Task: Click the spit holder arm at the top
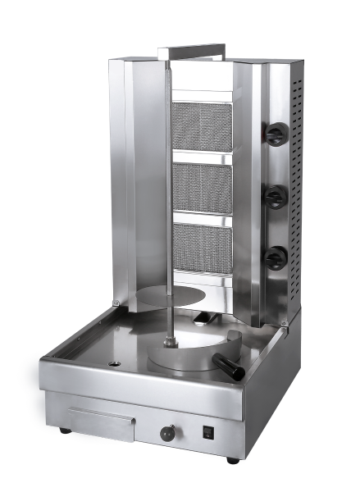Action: [191, 52]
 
